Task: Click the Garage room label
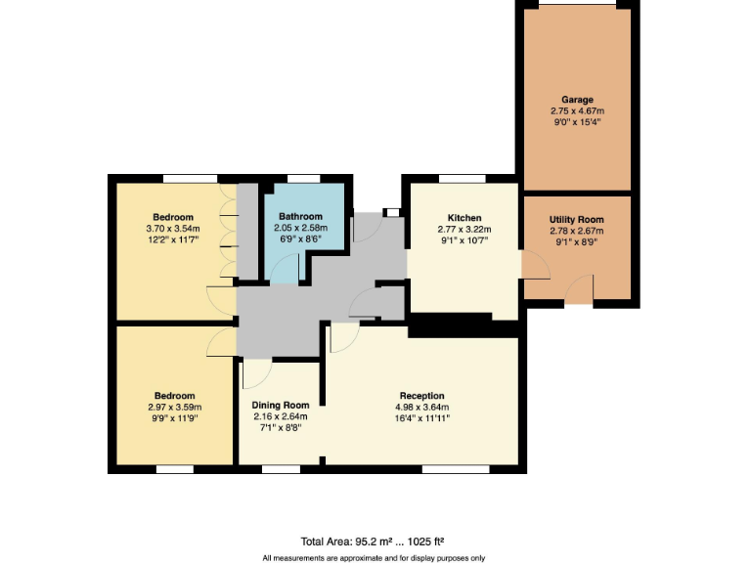pyautogui.click(x=577, y=100)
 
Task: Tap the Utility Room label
pyautogui.click(x=576, y=220)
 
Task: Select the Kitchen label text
pyautogui.click(x=463, y=217)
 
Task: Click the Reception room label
pyautogui.click(x=421, y=396)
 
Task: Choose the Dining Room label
pyautogui.click(x=281, y=405)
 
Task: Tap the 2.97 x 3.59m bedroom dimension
pyautogui.click(x=173, y=407)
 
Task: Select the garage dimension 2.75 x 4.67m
pyautogui.click(x=577, y=111)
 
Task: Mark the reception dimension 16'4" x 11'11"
pyautogui.click(x=421, y=418)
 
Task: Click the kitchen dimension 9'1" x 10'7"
pyautogui.click(x=463, y=240)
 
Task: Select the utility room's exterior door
pyautogui.click(x=580, y=290)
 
